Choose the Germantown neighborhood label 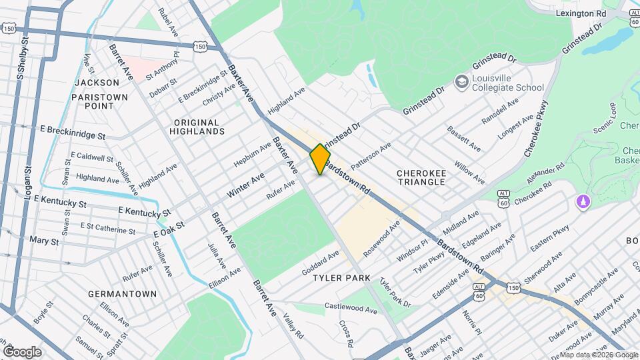122,294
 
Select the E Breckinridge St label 73,128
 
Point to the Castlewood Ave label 351,307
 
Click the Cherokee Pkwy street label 535,128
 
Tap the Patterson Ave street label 370,155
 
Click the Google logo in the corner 22,351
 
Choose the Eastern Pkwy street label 550,239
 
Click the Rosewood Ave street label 381,239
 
